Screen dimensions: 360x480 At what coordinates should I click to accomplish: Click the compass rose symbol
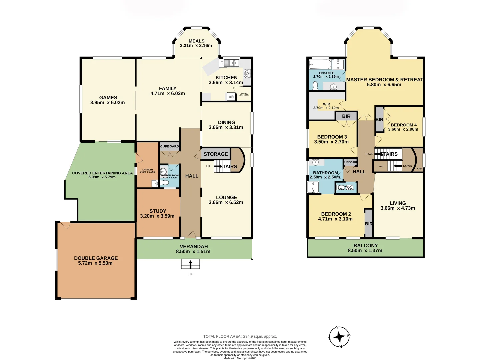point(339,337)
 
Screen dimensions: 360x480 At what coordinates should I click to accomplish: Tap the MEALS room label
point(196,41)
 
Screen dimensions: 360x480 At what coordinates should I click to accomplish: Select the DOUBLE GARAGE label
point(96,258)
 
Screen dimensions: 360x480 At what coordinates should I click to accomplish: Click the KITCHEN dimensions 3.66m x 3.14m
point(226,83)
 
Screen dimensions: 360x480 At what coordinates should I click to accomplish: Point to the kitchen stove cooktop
point(247,73)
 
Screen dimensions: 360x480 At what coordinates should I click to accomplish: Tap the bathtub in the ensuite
point(320,64)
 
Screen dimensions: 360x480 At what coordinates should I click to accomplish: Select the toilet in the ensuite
point(315,85)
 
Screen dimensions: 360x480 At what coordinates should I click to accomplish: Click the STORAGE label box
point(216,154)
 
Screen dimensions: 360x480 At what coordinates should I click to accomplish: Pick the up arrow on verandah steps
point(190,264)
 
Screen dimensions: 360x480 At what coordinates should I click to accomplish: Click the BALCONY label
point(365,245)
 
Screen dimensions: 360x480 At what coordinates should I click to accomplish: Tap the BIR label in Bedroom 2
point(368,224)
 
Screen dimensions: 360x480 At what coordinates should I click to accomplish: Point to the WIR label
point(326,104)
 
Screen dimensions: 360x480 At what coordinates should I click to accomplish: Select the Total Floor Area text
point(240,336)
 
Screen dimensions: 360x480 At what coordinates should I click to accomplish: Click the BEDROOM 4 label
point(403,125)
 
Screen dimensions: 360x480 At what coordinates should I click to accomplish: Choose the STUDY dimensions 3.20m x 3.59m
point(157,216)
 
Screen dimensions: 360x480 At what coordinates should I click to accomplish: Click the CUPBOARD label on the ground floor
point(169,146)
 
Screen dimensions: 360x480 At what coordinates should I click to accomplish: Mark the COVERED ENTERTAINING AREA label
point(102,173)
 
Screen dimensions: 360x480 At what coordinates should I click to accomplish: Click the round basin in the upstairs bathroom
point(315,162)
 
